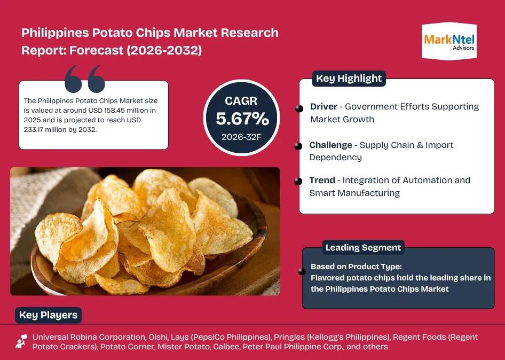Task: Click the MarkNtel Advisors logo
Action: [x=449, y=41]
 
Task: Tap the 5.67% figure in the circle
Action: [x=242, y=119]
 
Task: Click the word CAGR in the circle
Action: [x=241, y=101]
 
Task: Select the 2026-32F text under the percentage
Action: [x=241, y=137]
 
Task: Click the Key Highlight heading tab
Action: [x=349, y=79]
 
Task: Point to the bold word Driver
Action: [x=323, y=106]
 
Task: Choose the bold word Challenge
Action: [x=331, y=145]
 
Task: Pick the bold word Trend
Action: [x=322, y=180]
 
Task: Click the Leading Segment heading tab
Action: [x=363, y=247]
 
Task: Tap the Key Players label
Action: [x=48, y=315]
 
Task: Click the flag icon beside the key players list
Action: [x=21, y=342]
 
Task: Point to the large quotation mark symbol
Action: [x=85, y=79]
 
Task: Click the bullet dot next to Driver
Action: [x=299, y=108]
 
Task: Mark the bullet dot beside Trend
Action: [x=298, y=181]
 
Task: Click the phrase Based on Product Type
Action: [x=356, y=267]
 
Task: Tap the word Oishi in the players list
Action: [x=158, y=337]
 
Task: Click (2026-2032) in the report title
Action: [x=164, y=50]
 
